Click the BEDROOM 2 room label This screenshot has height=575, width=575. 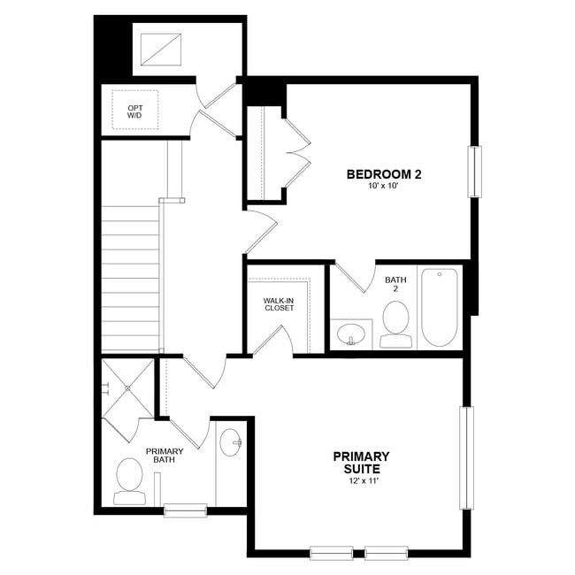pos(383,174)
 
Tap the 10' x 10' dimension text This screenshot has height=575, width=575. pos(383,187)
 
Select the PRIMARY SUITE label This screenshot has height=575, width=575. pos(361,463)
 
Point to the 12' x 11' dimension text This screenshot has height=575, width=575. pos(361,482)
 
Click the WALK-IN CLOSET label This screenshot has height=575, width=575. pos(278,304)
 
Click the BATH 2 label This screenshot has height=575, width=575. pos(395,285)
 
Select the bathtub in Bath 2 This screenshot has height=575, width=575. pos(439,307)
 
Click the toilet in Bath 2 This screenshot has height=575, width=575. pos(395,324)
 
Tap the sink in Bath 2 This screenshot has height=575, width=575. pos(351,334)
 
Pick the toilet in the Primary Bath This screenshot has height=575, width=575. pos(130,480)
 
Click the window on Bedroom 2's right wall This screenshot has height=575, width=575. pos(475,172)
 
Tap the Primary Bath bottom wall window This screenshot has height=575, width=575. pos(185,510)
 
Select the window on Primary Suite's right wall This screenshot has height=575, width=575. pos(466,457)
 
